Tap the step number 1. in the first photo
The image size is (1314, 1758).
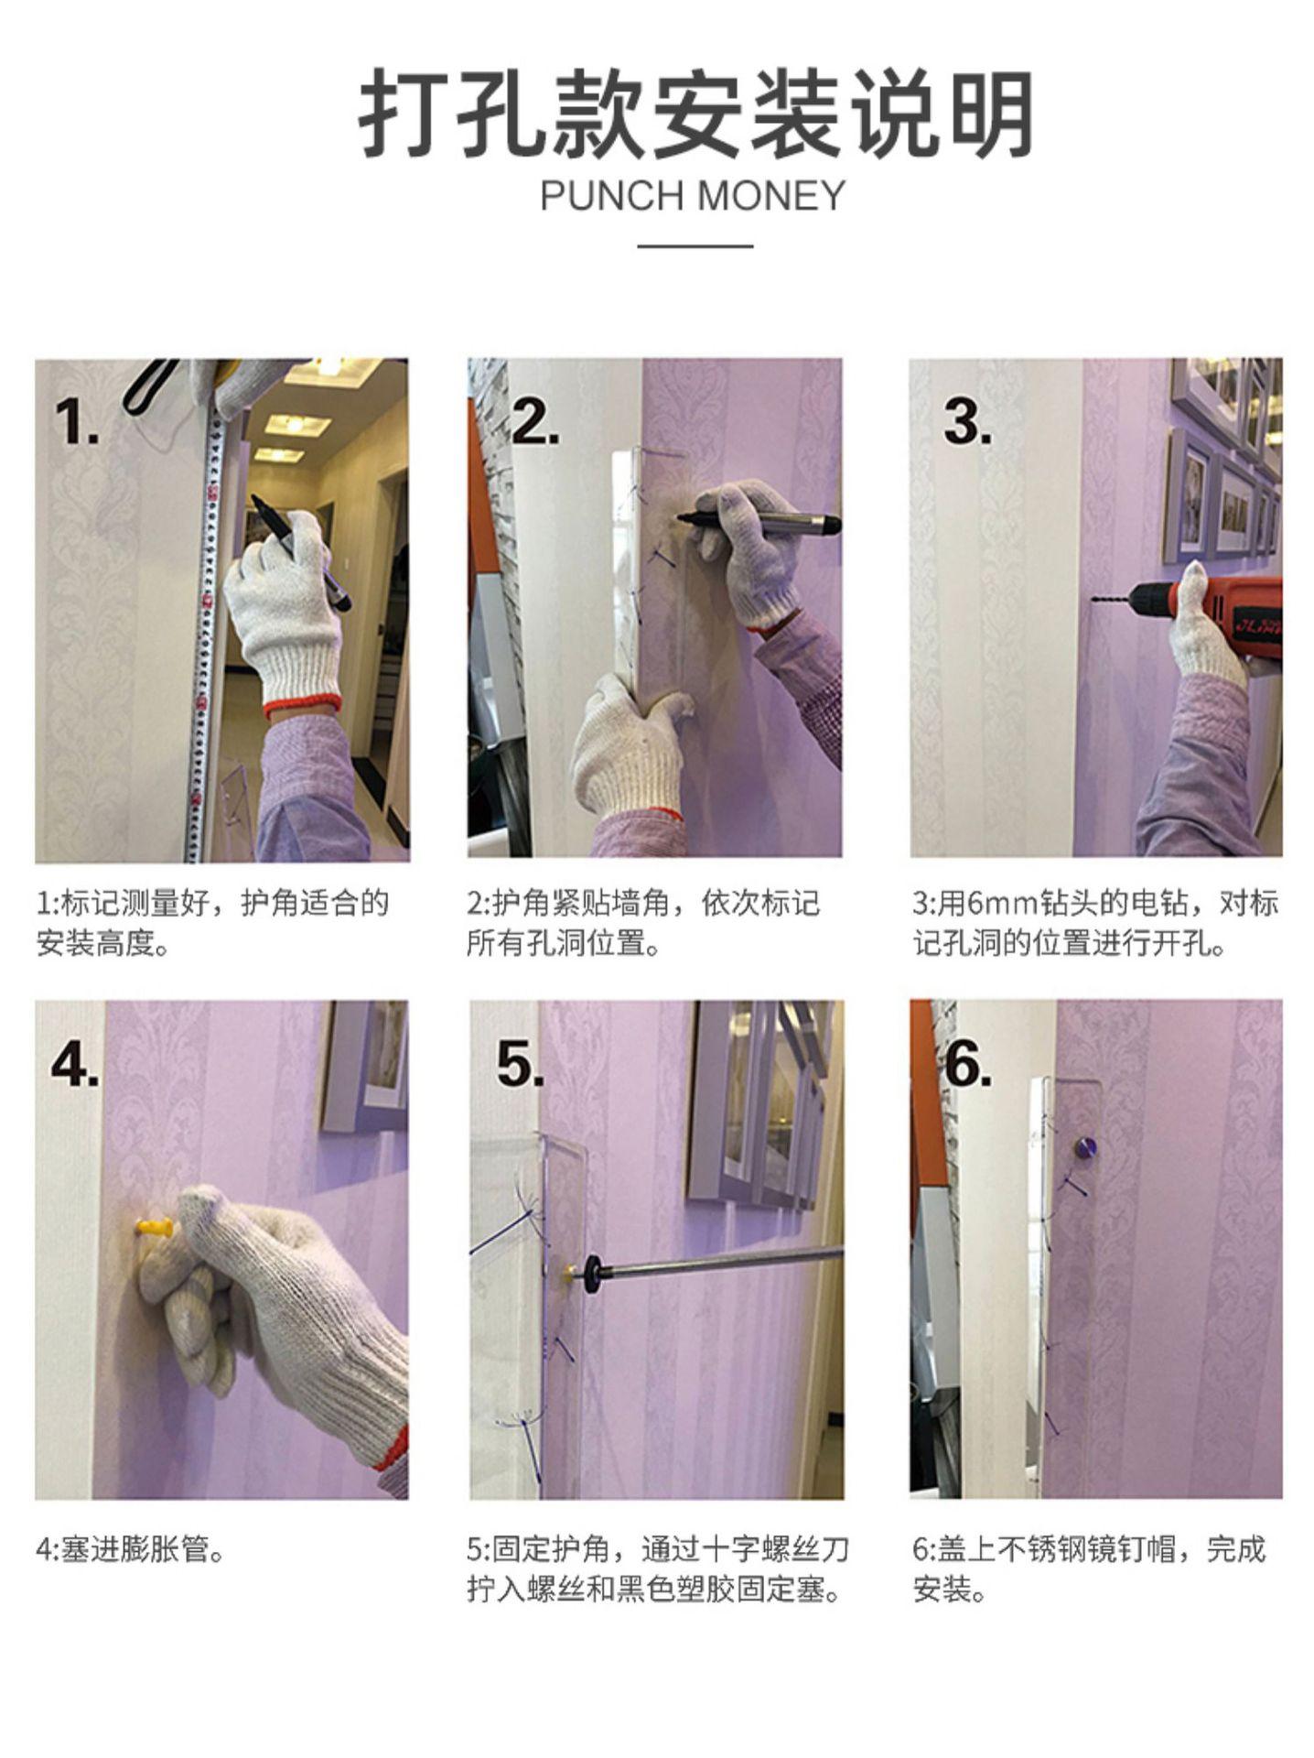tap(77, 422)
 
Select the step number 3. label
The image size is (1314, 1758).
tap(967, 422)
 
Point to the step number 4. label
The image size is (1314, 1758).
tap(76, 1065)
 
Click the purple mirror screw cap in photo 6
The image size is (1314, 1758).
tap(1084, 1146)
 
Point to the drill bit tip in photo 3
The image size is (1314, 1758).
tap(1093, 601)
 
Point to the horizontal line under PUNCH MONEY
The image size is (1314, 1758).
tap(695, 245)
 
